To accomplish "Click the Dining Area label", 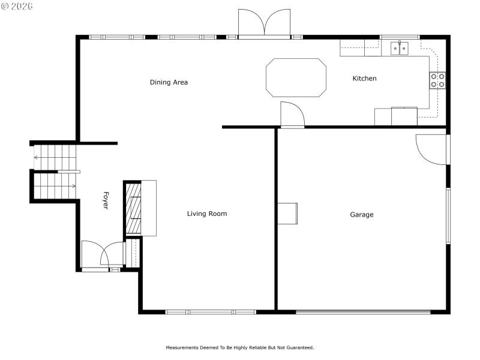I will tap(169, 82).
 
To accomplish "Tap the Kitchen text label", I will tap(364, 79).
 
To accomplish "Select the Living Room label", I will tap(207, 214).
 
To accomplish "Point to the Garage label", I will tap(362, 215).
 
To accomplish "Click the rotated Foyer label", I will tap(106, 200).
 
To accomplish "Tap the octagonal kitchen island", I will tap(296, 77).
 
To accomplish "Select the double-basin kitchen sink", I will tap(400, 48).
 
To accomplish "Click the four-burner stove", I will tap(437, 80).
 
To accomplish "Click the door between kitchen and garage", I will tap(292, 115).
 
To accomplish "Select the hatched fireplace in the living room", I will tap(133, 208).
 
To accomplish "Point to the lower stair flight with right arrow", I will tap(55, 186).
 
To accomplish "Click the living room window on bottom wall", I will tap(211, 312).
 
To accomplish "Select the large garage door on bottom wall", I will tap(363, 312).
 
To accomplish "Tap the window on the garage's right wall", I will tap(448, 216).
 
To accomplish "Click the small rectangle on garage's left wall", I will tap(287, 213).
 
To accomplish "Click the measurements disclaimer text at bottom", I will tap(239, 347).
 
